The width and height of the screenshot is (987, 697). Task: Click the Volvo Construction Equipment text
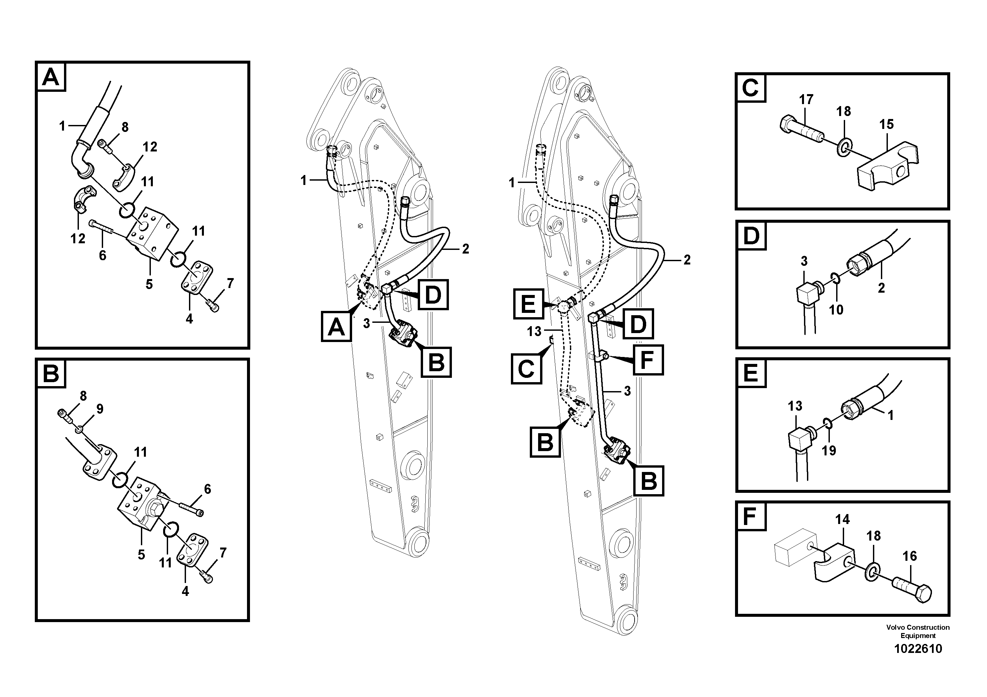click(x=918, y=631)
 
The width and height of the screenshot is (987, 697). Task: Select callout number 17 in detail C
click(x=806, y=100)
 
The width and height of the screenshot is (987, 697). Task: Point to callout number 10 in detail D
click(x=836, y=310)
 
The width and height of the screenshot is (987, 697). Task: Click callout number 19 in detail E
click(x=829, y=450)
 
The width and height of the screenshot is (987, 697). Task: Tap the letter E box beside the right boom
click(x=528, y=304)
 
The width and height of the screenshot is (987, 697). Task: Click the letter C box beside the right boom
click(x=526, y=369)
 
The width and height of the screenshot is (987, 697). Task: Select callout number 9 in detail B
click(x=100, y=409)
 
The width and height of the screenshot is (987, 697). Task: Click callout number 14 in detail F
click(x=842, y=520)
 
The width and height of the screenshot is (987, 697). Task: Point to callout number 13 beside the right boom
click(x=534, y=331)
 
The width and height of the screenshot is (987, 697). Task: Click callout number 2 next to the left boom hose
click(x=465, y=249)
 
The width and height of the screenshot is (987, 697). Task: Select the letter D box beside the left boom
click(x=433, y=294)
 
